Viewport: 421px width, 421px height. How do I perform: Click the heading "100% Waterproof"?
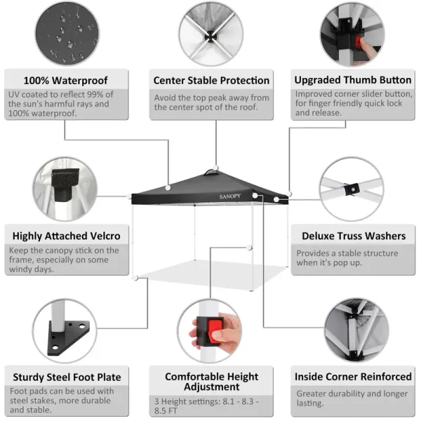coord(65,80)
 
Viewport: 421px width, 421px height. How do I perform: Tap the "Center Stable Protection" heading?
coord(211,80)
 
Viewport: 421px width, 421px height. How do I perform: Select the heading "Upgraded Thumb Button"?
coord(353,80)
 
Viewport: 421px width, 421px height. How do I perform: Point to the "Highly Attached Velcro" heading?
coord(67,236)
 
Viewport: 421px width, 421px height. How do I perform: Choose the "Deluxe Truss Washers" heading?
coord(354,236)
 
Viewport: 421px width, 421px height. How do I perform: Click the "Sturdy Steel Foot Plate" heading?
coord(67,377)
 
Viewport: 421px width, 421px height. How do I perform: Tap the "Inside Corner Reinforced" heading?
coord(353,377)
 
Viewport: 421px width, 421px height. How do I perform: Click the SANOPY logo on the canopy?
coord(230,196)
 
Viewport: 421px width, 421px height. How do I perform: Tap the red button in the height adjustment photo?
coord(215,330)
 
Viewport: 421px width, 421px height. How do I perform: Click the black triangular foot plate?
coord(67,338)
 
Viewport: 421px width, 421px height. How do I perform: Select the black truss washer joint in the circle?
coord(352,189)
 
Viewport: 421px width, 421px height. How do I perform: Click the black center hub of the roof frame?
coord(210,36)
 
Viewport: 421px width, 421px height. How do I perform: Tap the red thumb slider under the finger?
coord(358,44)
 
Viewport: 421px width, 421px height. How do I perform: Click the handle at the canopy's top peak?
coord(211,173)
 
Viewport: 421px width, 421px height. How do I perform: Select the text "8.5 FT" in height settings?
coord(166,410)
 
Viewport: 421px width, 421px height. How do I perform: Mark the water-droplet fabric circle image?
coord(67,33)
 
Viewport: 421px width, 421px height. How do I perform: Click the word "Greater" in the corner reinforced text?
coord(311,394)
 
